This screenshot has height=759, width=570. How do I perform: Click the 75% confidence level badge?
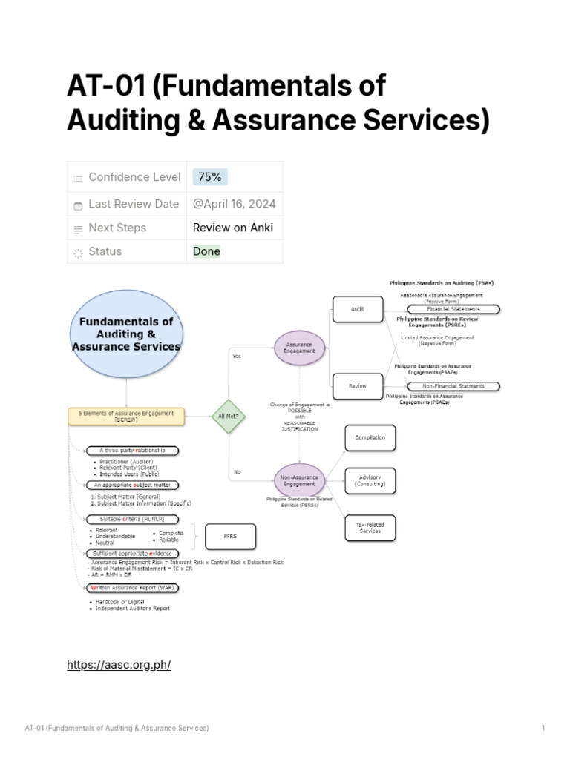210,177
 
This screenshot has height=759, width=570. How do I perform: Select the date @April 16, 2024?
233,204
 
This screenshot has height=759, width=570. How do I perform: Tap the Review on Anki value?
233,228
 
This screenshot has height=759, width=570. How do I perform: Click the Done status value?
206,251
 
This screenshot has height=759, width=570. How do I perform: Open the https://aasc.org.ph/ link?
119,665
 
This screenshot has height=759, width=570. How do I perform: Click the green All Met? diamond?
228,416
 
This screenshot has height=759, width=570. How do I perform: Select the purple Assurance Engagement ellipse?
300,348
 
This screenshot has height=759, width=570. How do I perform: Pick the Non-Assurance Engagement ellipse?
300,480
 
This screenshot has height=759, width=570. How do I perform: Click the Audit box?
358,309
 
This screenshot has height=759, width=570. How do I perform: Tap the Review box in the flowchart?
358,385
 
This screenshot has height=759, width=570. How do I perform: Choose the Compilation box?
370,437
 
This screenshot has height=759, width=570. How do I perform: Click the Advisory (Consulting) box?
370,480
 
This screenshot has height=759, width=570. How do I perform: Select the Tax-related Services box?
370,527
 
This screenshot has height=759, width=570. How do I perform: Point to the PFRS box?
230,537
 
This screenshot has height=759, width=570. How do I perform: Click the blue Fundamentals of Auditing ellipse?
126,334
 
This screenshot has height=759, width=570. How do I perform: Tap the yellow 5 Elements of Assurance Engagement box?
126,416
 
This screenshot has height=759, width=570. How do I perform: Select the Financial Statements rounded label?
453,309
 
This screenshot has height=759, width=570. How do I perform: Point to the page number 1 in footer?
543,729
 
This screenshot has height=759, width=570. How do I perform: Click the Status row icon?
78,252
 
